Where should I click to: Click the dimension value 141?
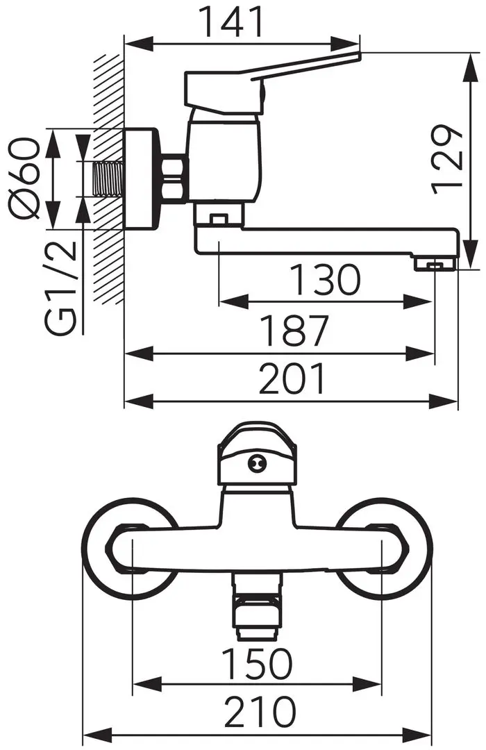(231, 22)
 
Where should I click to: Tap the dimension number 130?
(325, 281)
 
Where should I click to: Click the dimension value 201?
(292, 380)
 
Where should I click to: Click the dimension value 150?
(257, 663)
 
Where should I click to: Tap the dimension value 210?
(258, 712)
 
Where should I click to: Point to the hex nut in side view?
(174, 179)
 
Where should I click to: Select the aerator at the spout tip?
(435, 264)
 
